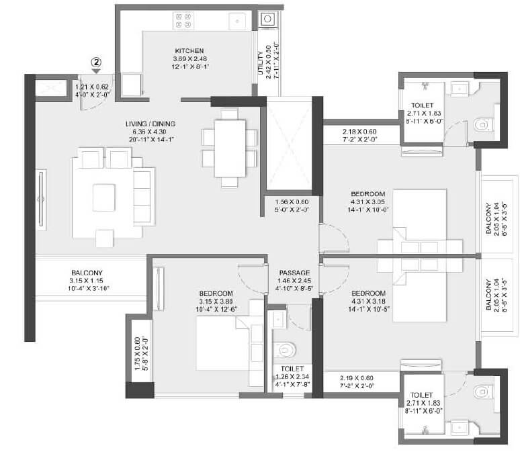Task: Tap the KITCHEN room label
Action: pos(189,51)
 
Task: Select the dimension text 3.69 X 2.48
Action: pos(189,58)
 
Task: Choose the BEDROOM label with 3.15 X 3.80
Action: pos(216,293)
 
